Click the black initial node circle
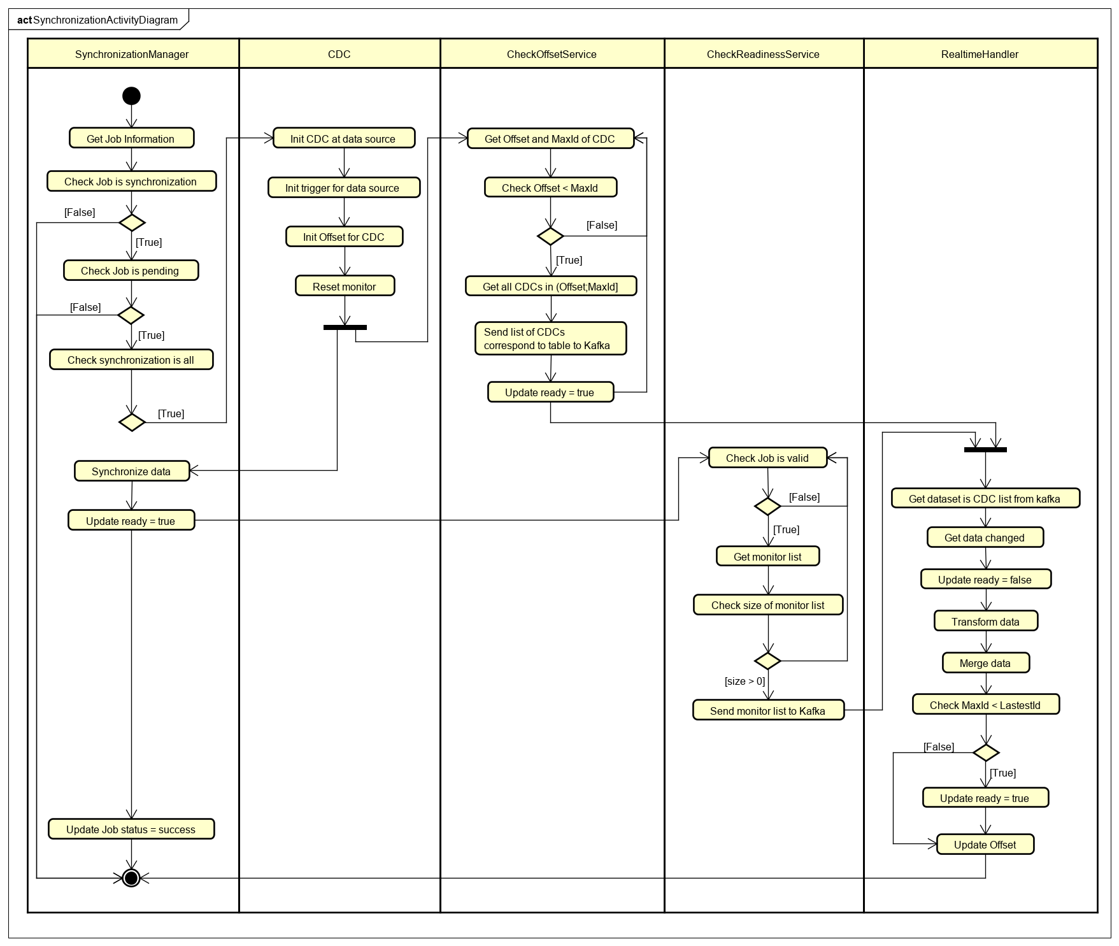tap(131, 96)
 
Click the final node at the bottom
tap(131, 878)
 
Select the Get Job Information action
tap(131, 139)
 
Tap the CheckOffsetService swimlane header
tap(552, 54)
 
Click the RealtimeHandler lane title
tap(980, 54)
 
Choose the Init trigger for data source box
tap(343, 188)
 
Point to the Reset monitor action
tap(345, 286)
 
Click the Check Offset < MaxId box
tap(550, 188)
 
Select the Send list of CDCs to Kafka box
tap(550, 338)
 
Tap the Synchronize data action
tap(132, 471)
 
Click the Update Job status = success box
tap(131, 829)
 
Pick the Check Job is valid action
tap(767, 458)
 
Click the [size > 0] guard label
tap(745, 681)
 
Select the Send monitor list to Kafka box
tap(768, 710)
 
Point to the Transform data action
tap(985, 621)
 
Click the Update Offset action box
tap(985, 845)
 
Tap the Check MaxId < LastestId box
tap(985, 705)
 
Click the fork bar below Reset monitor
tap(345, 327)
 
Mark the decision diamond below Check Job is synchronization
tap(132, 222)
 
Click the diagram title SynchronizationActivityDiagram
tap(105, 20)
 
